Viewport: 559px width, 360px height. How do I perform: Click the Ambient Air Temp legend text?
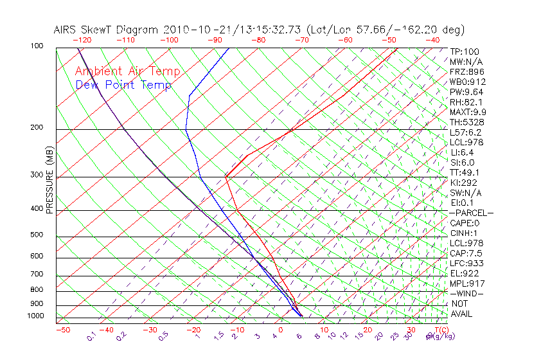[x=127, y=71]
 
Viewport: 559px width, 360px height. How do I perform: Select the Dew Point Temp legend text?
[x=123, y=85]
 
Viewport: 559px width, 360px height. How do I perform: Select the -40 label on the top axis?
[x=432, y=40]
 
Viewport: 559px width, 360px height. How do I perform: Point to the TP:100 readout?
[x=465, y=51]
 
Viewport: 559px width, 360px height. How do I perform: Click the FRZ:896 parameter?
[x=467, y=71]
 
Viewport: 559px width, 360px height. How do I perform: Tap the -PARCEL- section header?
[x=472, y=213]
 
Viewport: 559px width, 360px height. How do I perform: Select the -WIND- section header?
[x=467, y=293]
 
